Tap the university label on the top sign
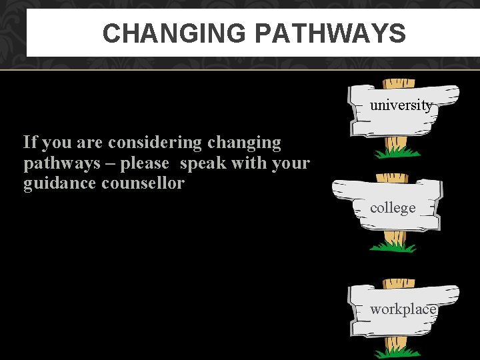401,105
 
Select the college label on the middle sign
393,207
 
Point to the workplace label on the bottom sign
403,309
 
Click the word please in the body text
145,163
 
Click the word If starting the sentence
30,142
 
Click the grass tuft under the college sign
393,247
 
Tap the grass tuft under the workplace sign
397,352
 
